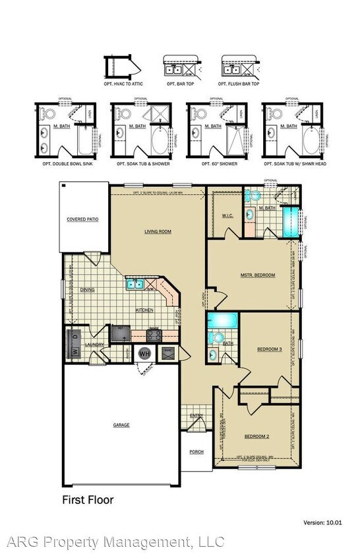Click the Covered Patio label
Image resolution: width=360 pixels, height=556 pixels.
pyautogui.click(x=82, y=219)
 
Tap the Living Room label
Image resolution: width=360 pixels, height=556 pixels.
pyautogui.click(x=158, y=231)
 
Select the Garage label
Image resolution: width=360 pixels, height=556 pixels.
pyautogui.click(x=121, y=425)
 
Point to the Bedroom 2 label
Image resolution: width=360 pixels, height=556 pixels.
pyautogui.click(x=256, y=437)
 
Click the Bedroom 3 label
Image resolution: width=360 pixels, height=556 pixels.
pyautogui.click(x=270, y=349)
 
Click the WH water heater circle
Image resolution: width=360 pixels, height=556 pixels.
pyautogui.click(x=145, y=354)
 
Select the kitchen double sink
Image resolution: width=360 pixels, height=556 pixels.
pyautogui.click(x=136, y=284)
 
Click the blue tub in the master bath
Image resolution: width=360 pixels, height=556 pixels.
pyautogui.click(x=290, y=221)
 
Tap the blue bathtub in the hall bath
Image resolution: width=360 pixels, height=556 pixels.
pyautogui.click(x=220, y=321)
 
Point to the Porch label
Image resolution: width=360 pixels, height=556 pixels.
pyautogui.click(x=196, y=452)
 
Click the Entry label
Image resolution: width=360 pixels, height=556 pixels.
pyautogui.click(x=196, y=415)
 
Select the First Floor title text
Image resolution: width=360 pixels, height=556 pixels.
pyautogui.click(x=88, y=500)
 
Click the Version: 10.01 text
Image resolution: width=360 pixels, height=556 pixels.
pyautogui.click(x=322, y=522)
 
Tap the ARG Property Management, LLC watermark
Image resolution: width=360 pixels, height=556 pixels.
pyautogui.click(x=115, y=542)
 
